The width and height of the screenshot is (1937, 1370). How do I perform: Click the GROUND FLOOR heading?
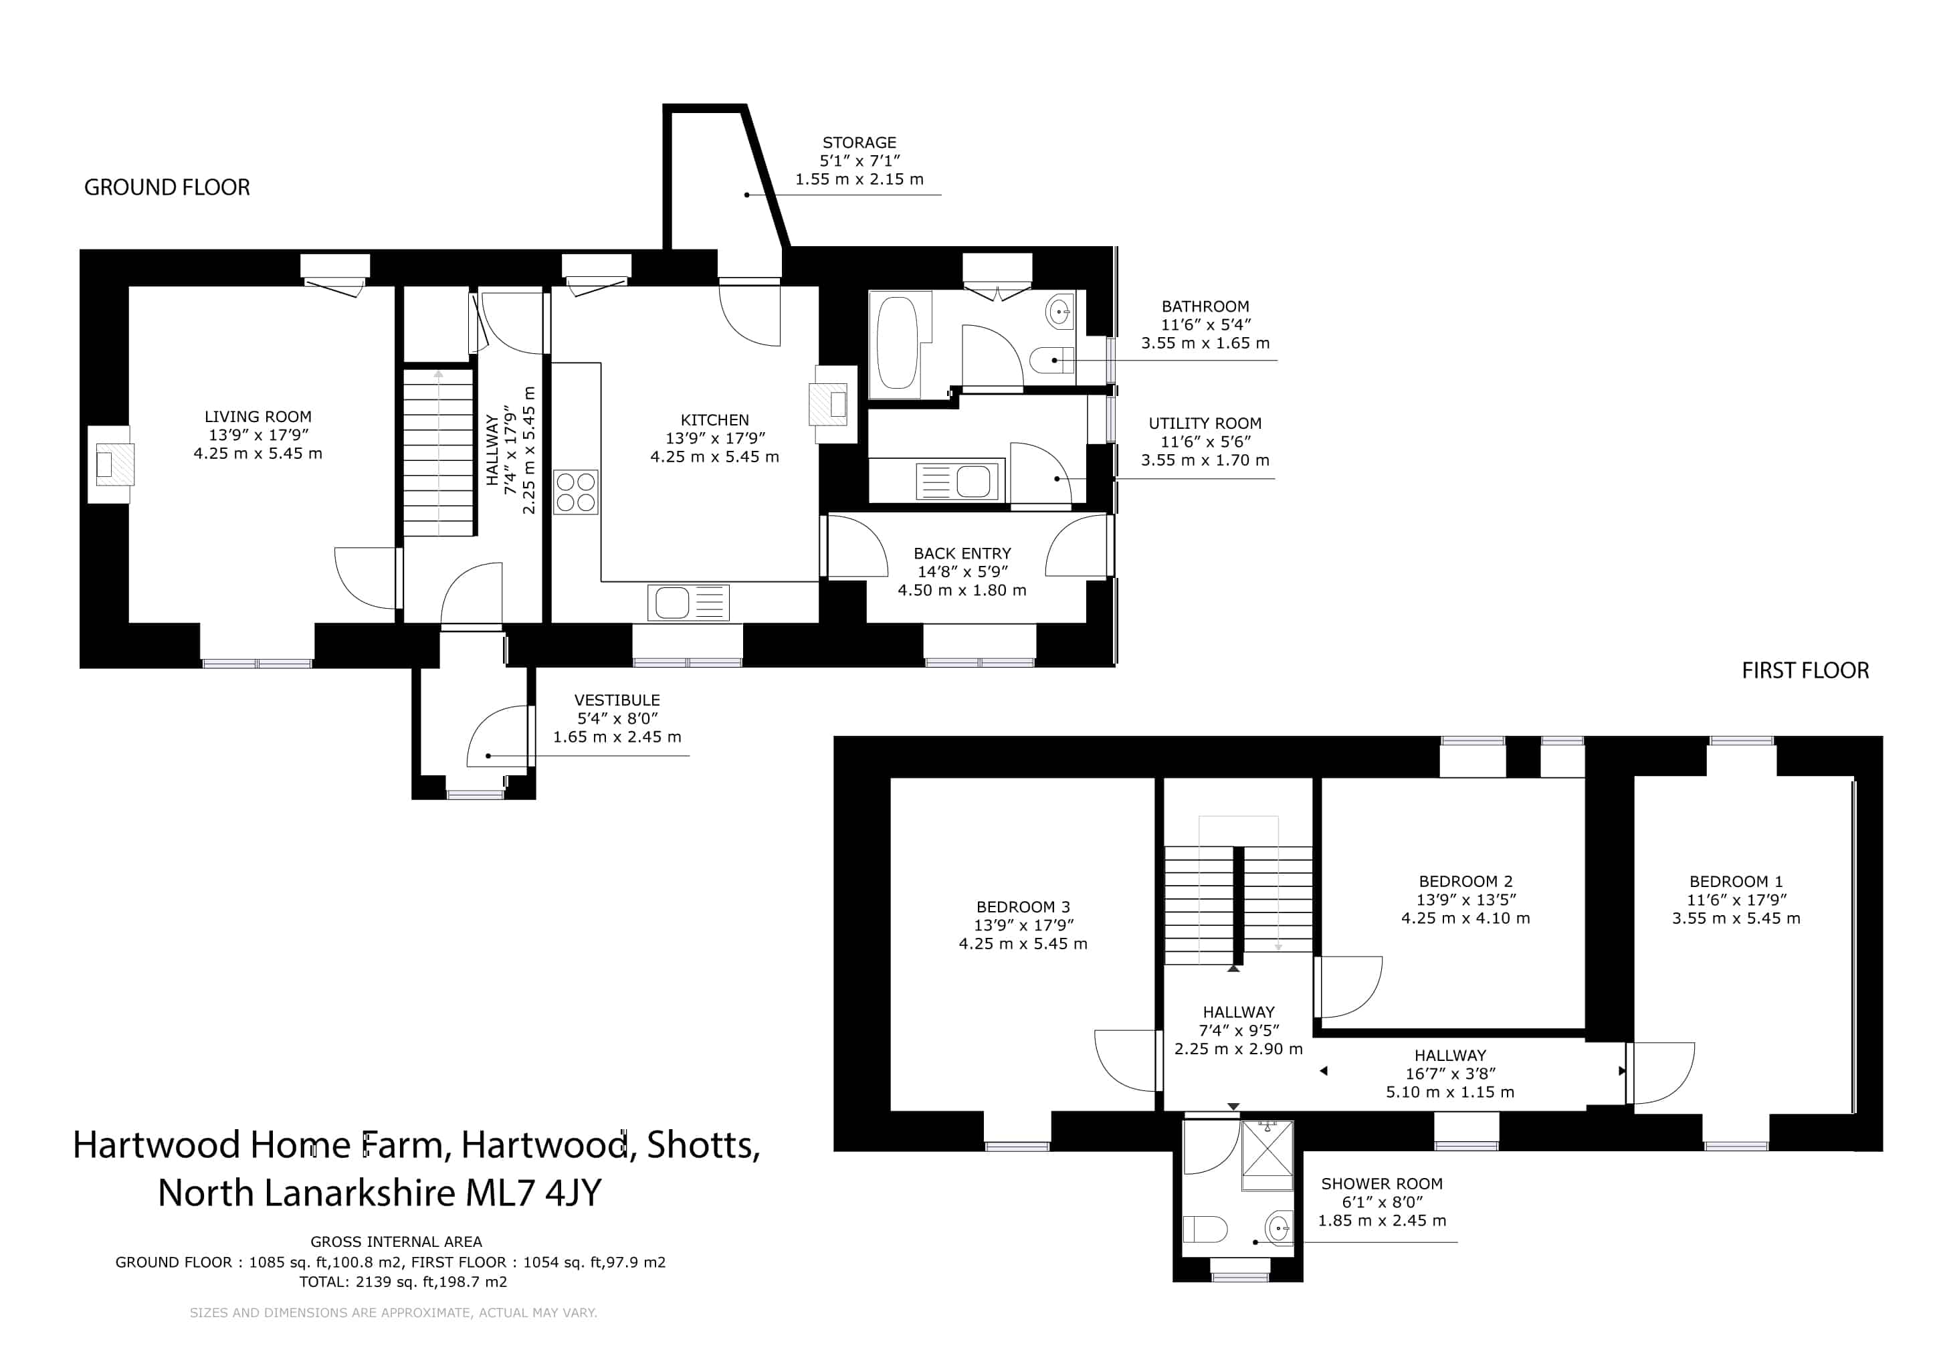(x=167, y=187)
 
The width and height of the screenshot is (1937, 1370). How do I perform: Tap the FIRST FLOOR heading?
(x=1805, y=671)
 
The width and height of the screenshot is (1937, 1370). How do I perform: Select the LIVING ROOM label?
(x=258, y=417)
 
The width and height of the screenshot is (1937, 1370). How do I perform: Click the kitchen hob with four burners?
(x=575, y=492)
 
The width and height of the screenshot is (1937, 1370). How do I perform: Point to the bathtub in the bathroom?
(x=897, y=345)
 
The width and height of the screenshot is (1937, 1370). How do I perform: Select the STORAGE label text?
(x=859, y=142)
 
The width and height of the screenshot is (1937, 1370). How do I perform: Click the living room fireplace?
(x=110, y=465)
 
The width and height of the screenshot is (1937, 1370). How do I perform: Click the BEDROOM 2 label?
(x=1465, y=882)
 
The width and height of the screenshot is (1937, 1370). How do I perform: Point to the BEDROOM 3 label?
(x=1023, y=907)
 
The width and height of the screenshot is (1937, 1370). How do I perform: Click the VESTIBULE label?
(x=617, y=700)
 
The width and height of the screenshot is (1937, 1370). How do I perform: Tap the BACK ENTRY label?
(x=962, y=553)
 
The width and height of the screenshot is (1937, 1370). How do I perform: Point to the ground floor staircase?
(x=438, y=452)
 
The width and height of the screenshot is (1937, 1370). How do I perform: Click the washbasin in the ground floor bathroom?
(x=1059, y=312)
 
